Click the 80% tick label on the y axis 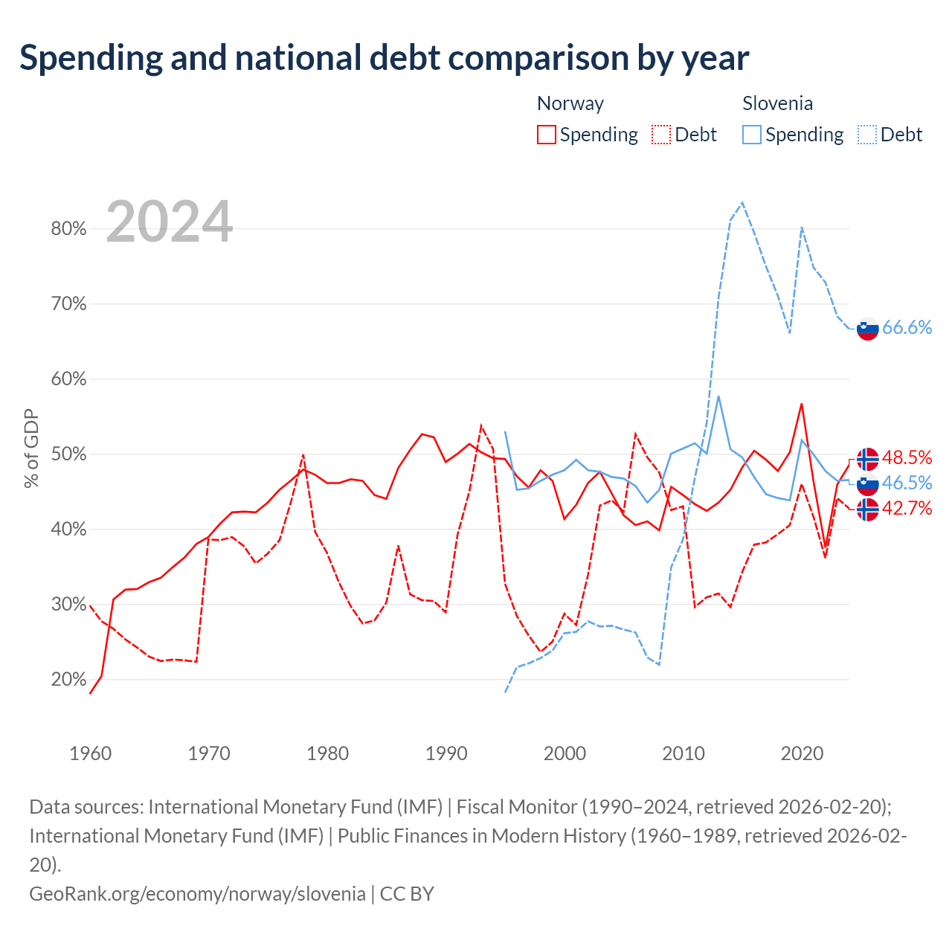(x=68, y=228)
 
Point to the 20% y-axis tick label (x=68, y=679)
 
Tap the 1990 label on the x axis (x=446, y=753)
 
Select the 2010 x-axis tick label (x=684, y=753)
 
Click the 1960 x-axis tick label (x=91, y=753)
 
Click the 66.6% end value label (x=907, y=327)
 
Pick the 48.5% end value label (x=907, y=457)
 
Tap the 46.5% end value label (x=907, y=483)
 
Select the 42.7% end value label (x=907, y=508)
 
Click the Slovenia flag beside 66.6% (x=867, y=329)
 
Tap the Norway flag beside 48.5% (x=867, y=459)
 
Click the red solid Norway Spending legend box (x=547, y=135)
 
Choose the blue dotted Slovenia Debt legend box (x=867, y=135)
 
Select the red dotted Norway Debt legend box (x=661, y=135)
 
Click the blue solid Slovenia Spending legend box (x=752, y=135)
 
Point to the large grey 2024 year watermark (x=170, y=221)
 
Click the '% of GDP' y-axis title (x=31, y=448)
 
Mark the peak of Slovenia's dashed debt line (x=742, y=202)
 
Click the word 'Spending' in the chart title (x=91, y=58)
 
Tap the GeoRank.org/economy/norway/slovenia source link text (x=198, y=894)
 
